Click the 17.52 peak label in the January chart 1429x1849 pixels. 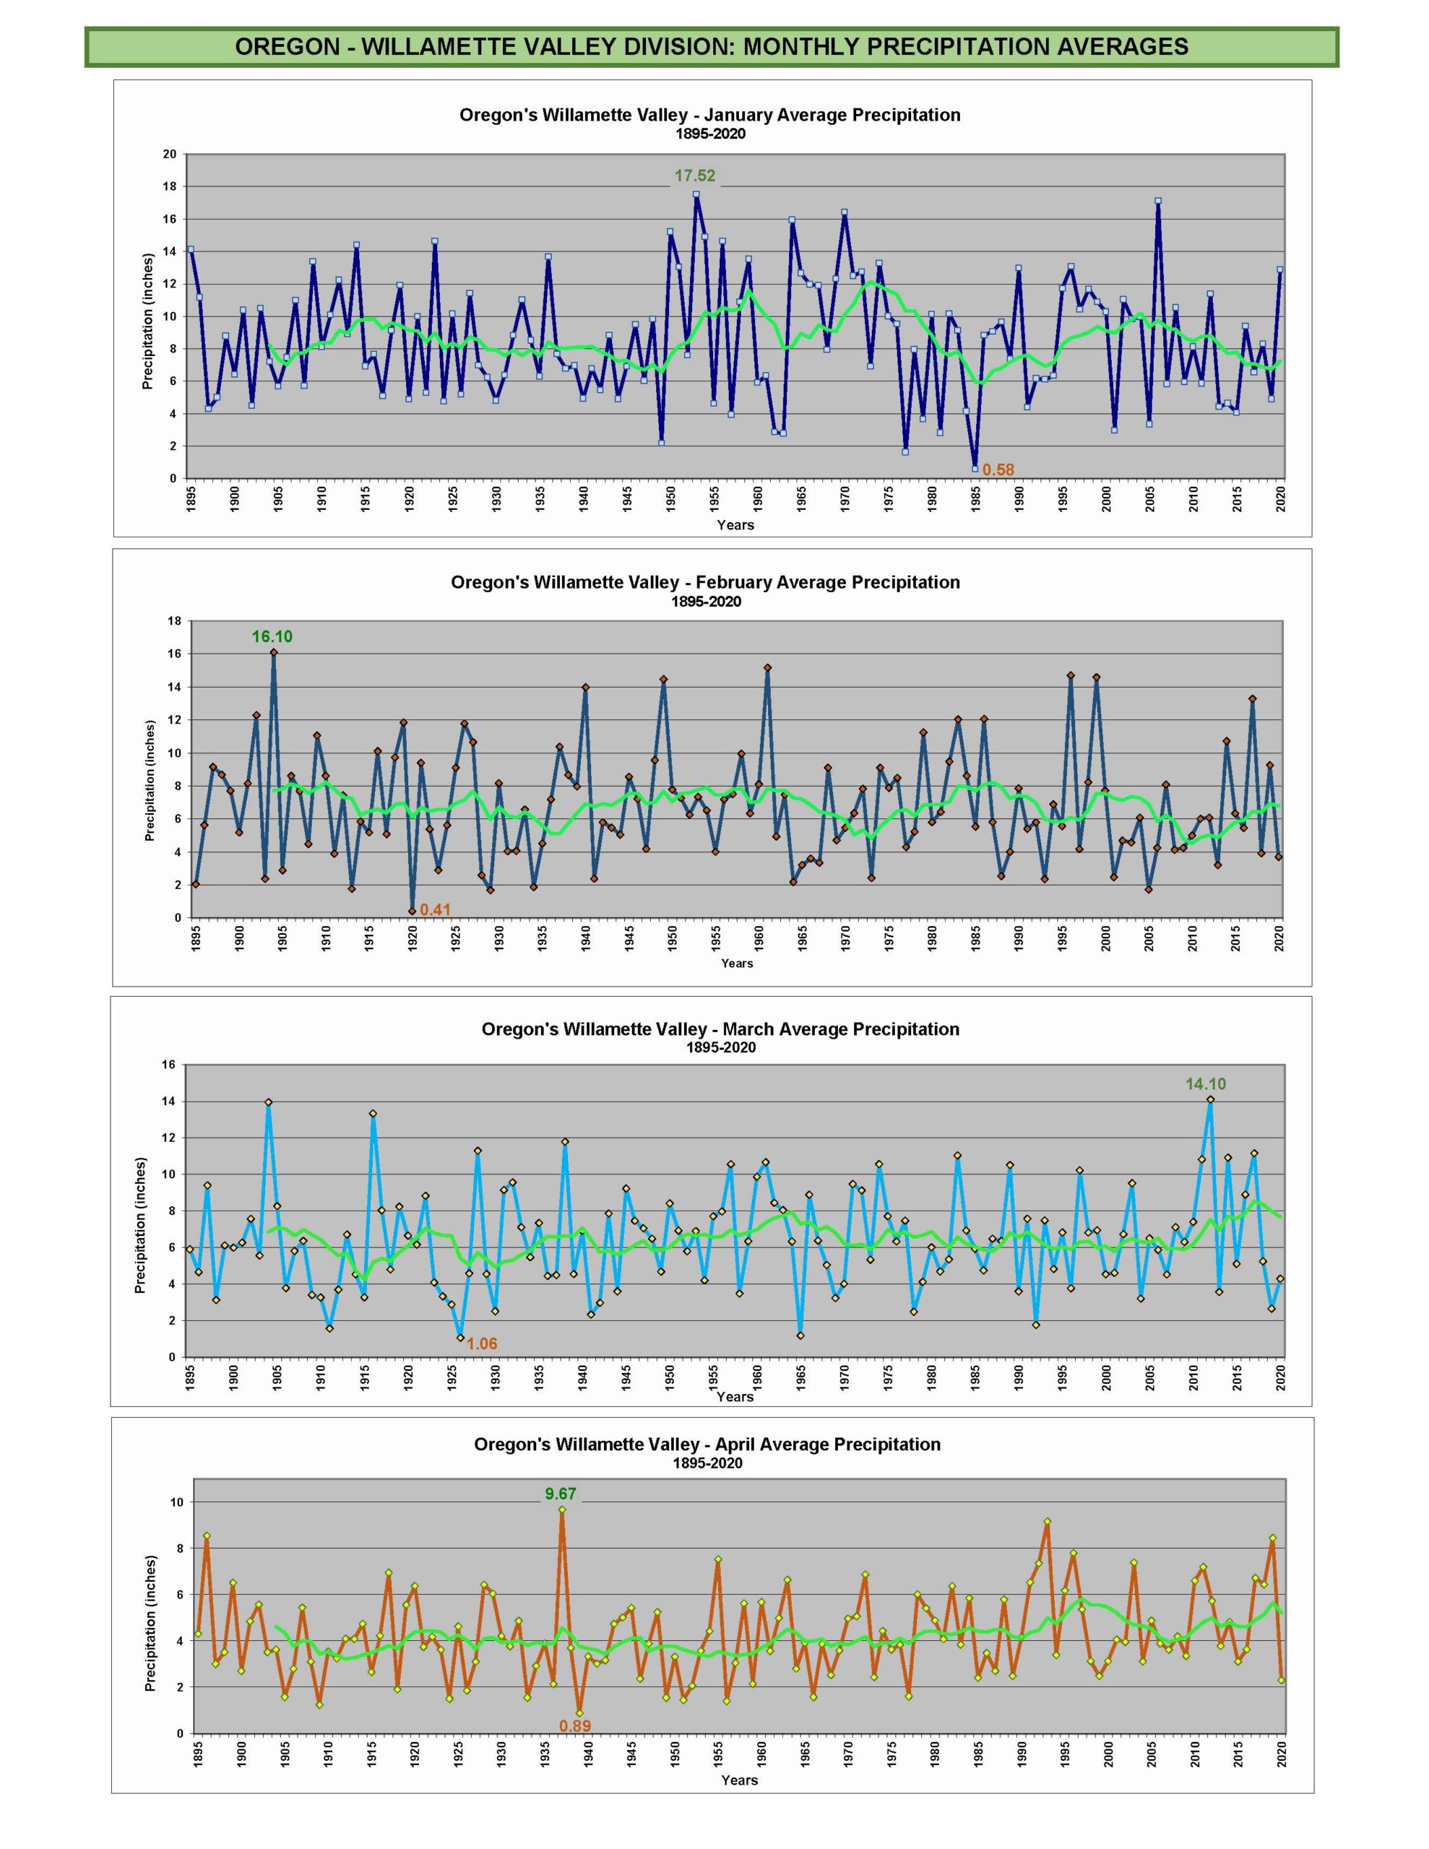coord(694,176)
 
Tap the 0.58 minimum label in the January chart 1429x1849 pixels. coord(998,470)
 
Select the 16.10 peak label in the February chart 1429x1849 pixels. coord(272,636)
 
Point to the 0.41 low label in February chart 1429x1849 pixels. coord(436,910)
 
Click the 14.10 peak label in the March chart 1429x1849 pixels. coord(1204,1083)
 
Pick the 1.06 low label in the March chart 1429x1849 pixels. coord(482,1343)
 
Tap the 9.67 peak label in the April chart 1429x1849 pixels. coord(560,1494)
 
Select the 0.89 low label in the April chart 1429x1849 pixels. coord(575,1726)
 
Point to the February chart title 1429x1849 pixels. coord(705,582)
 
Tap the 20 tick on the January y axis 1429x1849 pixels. coord(169,154)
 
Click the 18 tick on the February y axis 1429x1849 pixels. coord(175,620)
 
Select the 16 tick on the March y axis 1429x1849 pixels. coord(168,1065)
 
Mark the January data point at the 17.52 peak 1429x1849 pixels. coord(696,195)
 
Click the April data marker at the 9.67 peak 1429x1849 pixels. coord(561,1510)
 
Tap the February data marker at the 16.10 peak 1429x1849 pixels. coord(274,653)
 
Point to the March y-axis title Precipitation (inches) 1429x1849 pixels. coord(141,1226)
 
